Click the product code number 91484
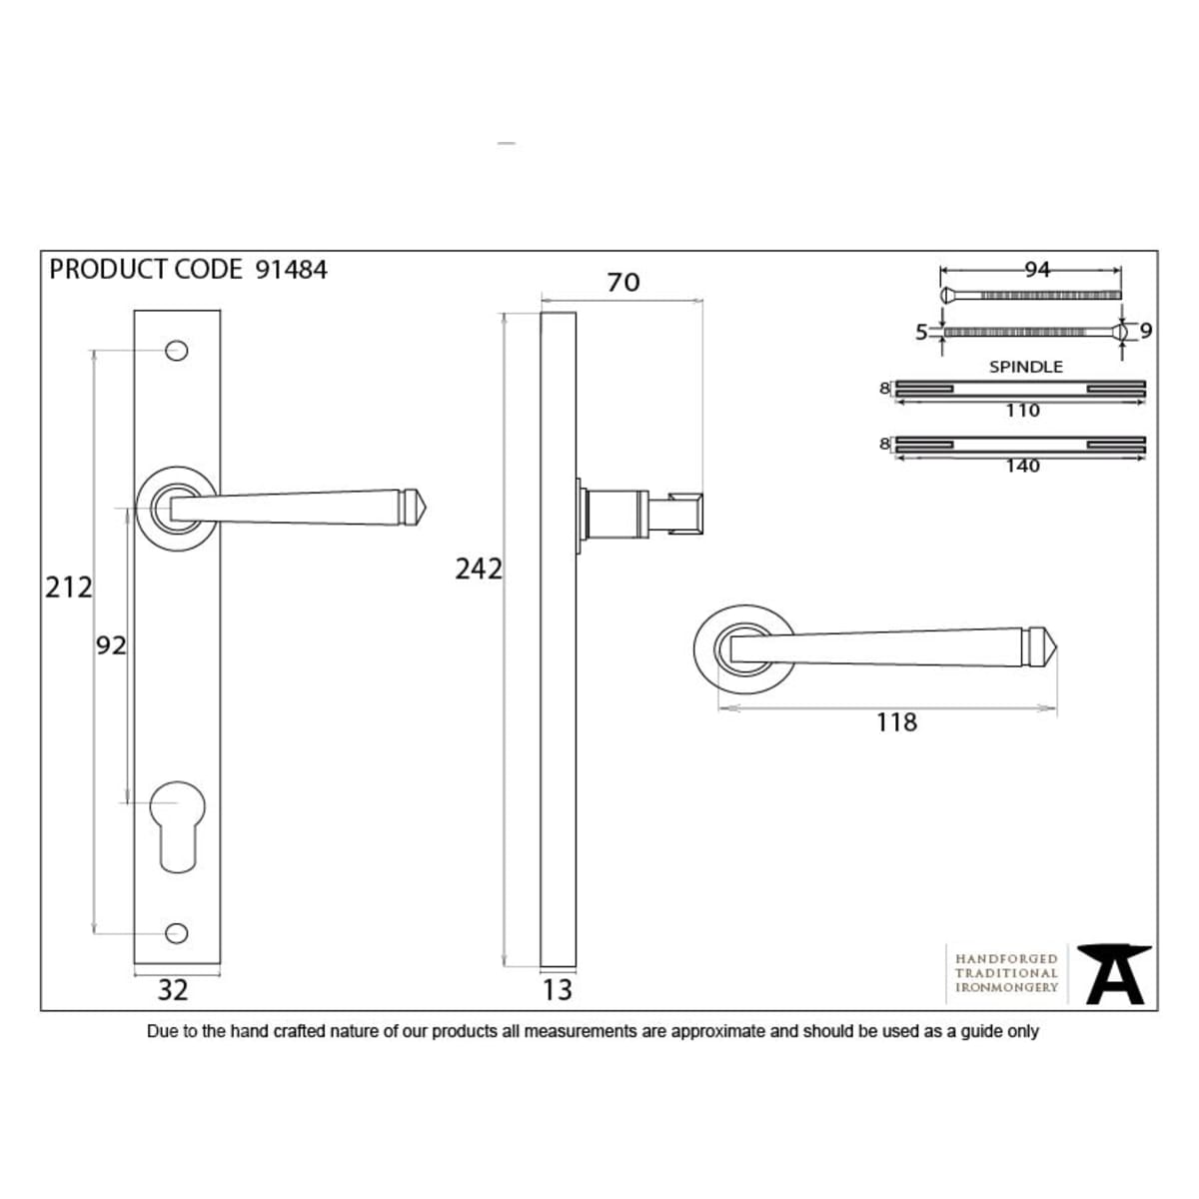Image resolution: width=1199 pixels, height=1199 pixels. point(291,270)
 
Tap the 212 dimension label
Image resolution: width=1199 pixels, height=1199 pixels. point(69,588)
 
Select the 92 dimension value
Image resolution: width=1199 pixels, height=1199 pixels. point(111,645)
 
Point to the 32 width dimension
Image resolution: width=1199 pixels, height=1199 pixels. point(172,990)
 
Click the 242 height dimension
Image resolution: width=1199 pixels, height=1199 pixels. point(479,569)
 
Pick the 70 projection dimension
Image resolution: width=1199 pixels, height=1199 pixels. point(622,283)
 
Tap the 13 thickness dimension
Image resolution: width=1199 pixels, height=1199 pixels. point(557,990)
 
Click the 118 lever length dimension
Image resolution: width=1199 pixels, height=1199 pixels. point(896,722)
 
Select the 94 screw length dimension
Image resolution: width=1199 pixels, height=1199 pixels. point(1037,270)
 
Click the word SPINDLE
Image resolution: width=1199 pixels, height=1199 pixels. point(1026,367)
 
